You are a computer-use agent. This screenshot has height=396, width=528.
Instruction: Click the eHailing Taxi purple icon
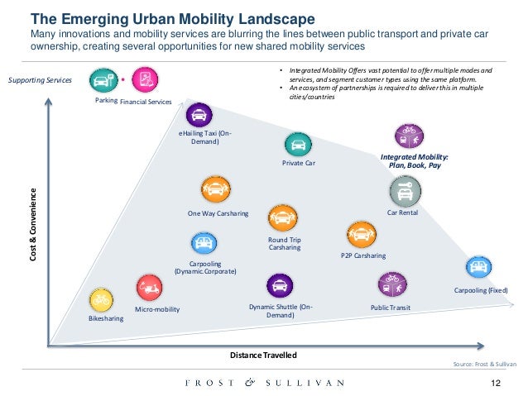pos(199,115)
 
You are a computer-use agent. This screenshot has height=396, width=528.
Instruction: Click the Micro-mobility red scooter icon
pos(150,288)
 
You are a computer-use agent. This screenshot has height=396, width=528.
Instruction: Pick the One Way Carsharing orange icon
pos(215,190)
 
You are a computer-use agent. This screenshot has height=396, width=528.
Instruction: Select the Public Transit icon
pos(391,284)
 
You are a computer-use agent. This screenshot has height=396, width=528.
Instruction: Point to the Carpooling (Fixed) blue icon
pos(478,269)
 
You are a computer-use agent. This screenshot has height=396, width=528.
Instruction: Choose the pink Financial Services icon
pos(144,80)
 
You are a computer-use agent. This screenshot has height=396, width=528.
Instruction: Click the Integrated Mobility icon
pos(410,135)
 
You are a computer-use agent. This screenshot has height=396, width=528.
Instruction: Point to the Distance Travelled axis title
pos(262,355)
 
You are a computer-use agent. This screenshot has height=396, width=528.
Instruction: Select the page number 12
pos(497,383)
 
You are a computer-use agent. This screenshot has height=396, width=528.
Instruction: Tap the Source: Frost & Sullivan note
pos(485,365)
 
